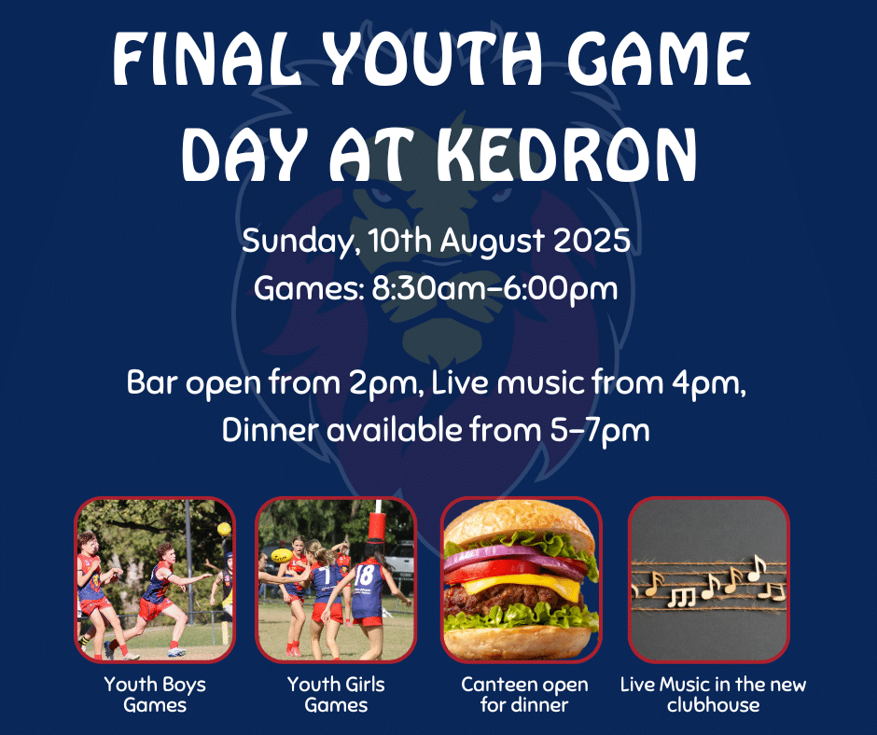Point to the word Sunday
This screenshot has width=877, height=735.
click(x=300, y=242)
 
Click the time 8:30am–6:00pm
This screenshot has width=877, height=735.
click(x=495, y=289)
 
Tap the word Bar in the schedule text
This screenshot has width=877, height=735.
click(x=151, y=383)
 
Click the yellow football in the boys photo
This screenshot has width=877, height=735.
click(x=224, y=529)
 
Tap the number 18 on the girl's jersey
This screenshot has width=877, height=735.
click(x=364, y=575)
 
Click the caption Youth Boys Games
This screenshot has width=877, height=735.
click(x=155, y=694)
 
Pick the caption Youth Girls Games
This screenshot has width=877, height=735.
click(x=336, y=694)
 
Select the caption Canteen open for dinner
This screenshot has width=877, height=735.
click(x=524, y=694)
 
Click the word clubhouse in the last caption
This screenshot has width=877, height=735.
click(x=713, y=705)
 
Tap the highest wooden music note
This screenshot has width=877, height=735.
click(x=757, y=567)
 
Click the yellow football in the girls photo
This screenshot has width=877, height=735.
click(x=281, y=555)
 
